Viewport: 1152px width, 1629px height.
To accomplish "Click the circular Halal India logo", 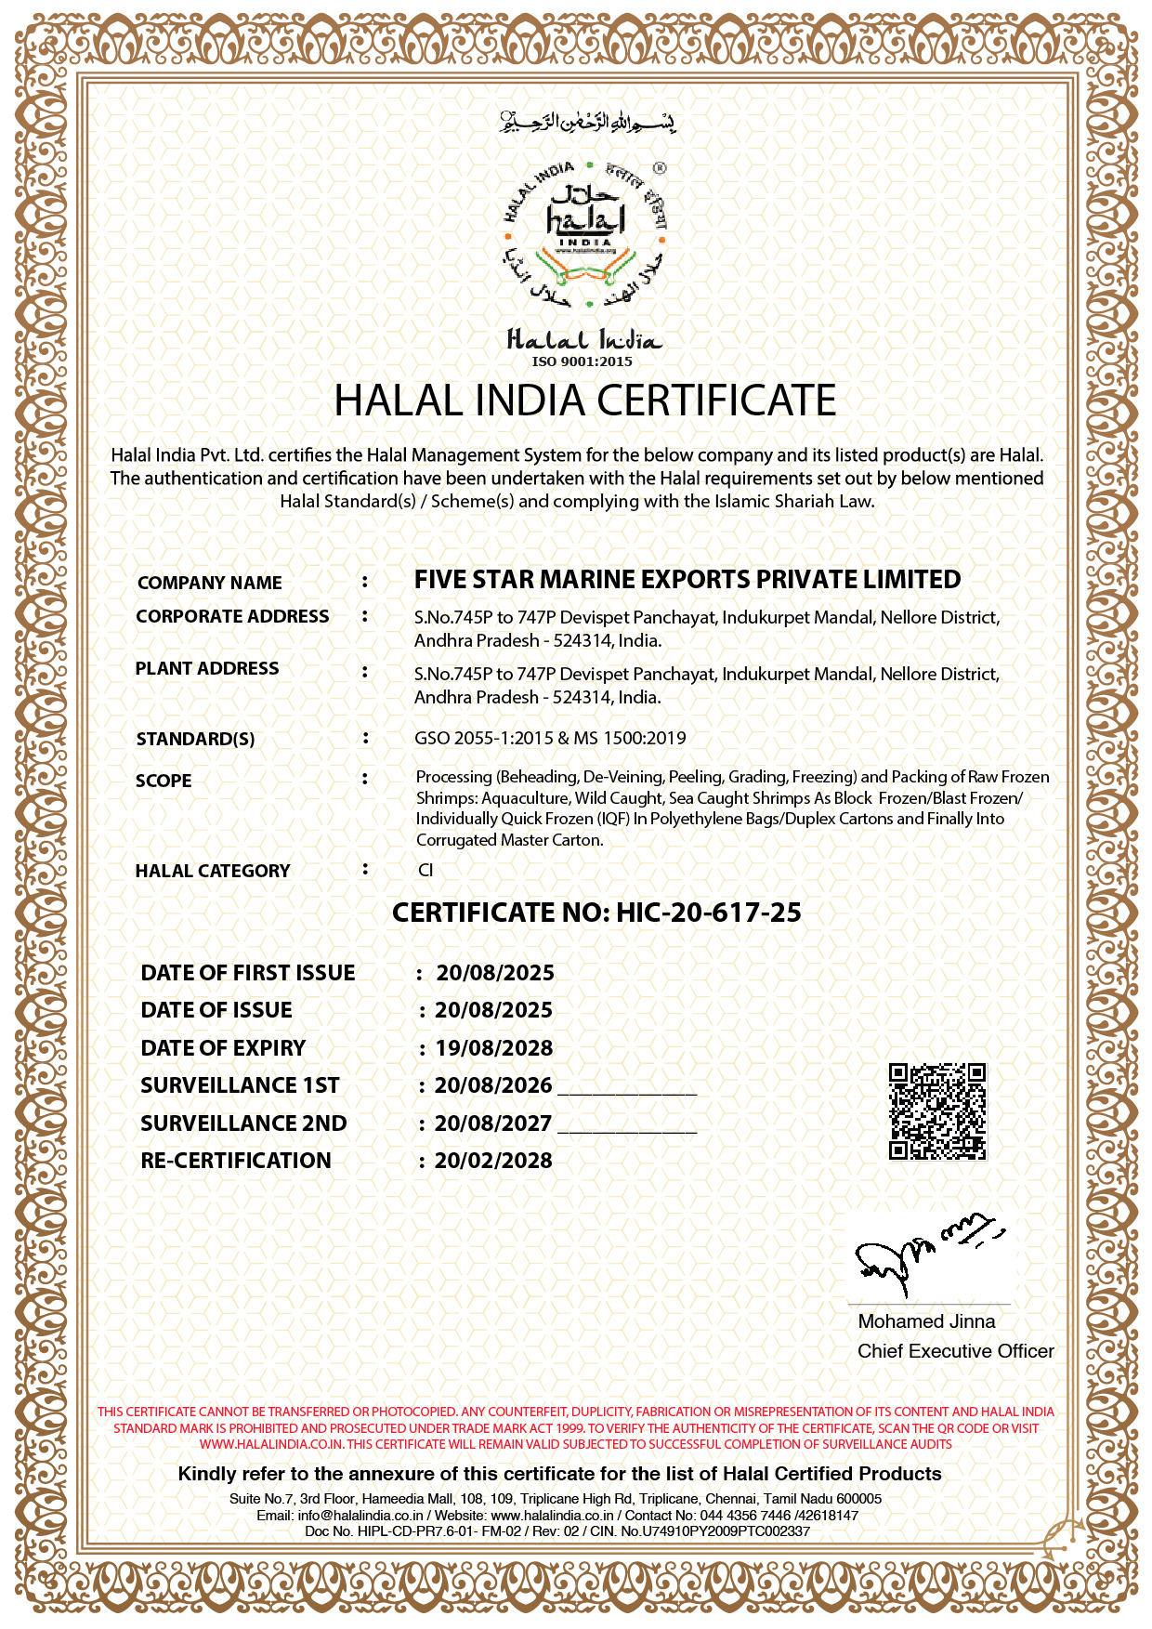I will [585, 236].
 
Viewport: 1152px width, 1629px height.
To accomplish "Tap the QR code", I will [937, 1111].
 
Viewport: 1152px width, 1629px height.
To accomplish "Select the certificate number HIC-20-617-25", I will [708, 913].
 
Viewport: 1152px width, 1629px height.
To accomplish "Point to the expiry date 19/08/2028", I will [494, 1048].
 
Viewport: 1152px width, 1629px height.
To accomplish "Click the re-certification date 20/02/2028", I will [493, 1161].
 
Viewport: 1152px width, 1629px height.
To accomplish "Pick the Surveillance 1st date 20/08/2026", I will [493, 1085].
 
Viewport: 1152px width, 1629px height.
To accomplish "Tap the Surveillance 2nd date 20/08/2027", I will [493, 1123].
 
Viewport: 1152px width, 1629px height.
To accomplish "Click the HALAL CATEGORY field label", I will [213, 871].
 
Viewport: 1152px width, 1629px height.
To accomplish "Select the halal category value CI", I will [425, 871].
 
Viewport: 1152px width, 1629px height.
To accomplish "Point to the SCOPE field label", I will [164, 781].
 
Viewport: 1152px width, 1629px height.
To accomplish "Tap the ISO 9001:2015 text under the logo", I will [582, 361].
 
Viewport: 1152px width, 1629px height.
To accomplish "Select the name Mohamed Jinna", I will [926, 1321].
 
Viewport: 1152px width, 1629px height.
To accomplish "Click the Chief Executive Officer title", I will [955, 1351].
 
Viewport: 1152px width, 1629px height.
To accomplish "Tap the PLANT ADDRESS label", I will [207, 668].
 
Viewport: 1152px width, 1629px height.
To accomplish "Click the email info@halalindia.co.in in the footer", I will [360, 1515].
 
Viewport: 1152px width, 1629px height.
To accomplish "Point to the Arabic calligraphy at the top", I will [587, 122].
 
